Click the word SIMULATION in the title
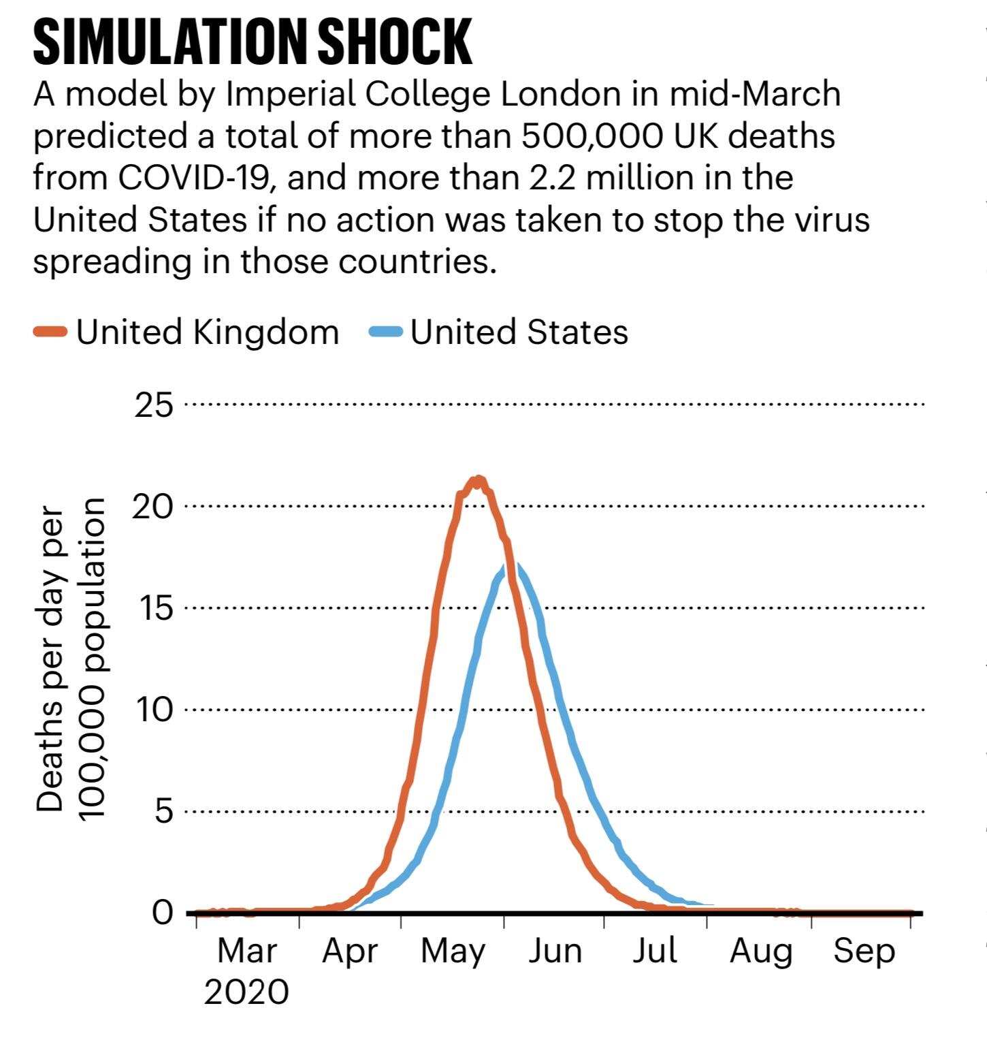point(169,42)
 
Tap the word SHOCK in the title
point(395,42)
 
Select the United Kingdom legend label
point(207,332)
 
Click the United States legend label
point(519,332)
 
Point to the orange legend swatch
point(50,332)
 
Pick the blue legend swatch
point(386,332)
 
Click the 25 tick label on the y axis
point(155,405)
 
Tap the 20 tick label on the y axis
point(153,507)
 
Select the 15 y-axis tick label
point(155,608)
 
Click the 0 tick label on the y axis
point(163,913)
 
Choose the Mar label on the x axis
point(246,951)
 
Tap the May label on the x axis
point(453,952)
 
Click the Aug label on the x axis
point(760,952)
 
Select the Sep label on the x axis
point(864,952)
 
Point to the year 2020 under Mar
point(246,992)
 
